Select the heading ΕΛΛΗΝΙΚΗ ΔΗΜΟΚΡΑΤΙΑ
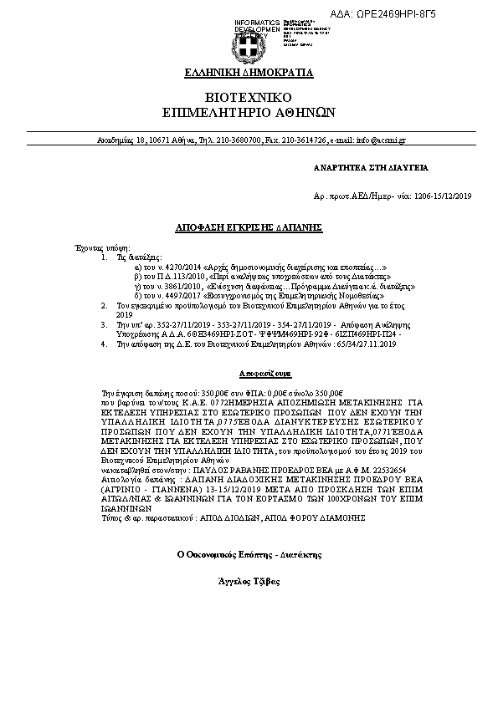click(249, 73)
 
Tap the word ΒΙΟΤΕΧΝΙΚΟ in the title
click(249, 97)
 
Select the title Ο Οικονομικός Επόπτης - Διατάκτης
click(249, 553)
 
